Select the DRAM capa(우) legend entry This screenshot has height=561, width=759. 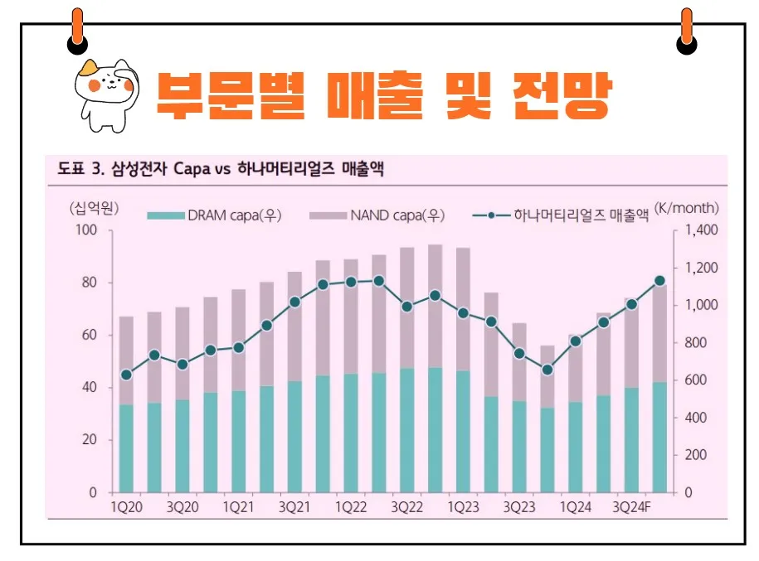(215, 216)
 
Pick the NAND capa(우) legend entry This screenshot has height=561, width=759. (377, 216)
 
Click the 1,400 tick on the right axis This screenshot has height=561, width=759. (702, 230)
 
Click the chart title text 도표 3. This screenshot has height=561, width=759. (80, 171)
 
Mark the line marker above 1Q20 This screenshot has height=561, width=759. (127, 375)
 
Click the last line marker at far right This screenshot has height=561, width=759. (659, 281)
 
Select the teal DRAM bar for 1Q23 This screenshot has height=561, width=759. (463, 431)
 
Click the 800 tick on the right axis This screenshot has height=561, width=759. (699, 343)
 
